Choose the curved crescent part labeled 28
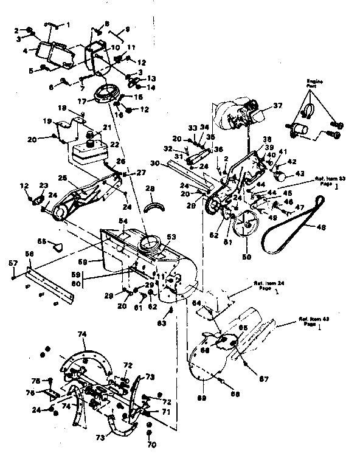(156, 206)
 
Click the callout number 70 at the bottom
(151, 445)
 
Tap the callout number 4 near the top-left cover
(25, 51)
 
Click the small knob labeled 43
(280, 175)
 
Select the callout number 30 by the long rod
(154, 163)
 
